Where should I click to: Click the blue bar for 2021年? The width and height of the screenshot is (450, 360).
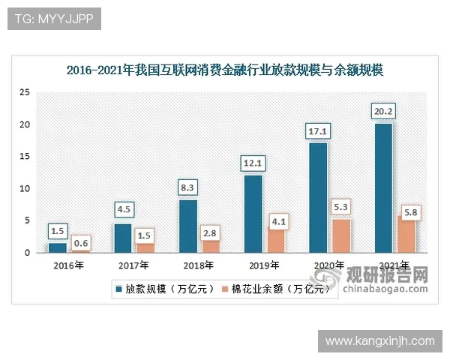(x=382, y=187)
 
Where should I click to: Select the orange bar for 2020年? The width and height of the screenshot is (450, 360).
(x=340, y=235)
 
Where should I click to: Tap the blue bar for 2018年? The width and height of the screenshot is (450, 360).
(x=188, y=226)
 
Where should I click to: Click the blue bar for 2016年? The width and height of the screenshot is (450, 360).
(x=58, y=247)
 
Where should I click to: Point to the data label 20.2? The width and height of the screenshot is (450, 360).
(x=383, y=112)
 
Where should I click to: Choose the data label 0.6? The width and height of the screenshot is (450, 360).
(x=80, y=243)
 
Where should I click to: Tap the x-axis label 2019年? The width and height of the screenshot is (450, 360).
(x=264, y=265)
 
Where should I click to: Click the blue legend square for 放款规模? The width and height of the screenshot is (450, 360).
(x=119, y=287)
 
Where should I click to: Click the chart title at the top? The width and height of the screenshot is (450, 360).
(x=225, y=71)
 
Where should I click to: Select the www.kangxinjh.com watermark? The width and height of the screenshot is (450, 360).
(x=380, y=341)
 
